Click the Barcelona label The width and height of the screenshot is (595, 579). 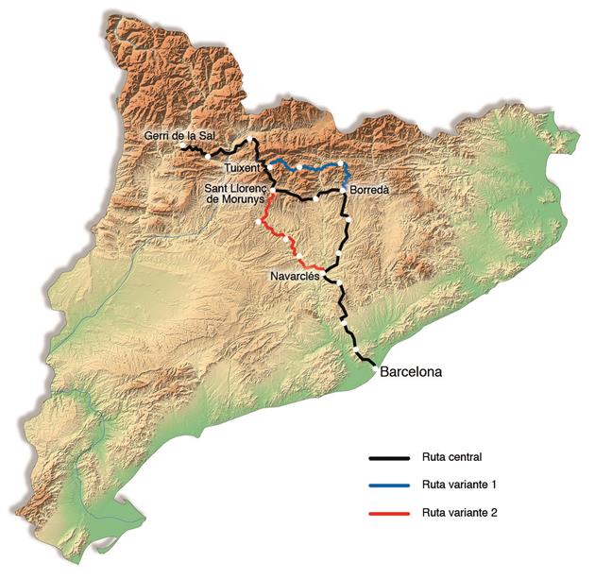click(x=410, y=371)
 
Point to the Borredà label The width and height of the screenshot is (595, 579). click(x=369, y=189)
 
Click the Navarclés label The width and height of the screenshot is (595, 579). click(x=294, y=275)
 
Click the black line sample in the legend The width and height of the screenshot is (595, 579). click(x=387, y=458)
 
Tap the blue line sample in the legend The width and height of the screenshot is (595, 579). click(x=387, y=485)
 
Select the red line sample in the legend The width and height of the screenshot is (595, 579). click(x=387, y=513)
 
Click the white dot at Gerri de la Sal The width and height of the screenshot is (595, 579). click(x=180, y=146)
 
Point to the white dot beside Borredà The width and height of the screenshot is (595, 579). click(x=345, y=190)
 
